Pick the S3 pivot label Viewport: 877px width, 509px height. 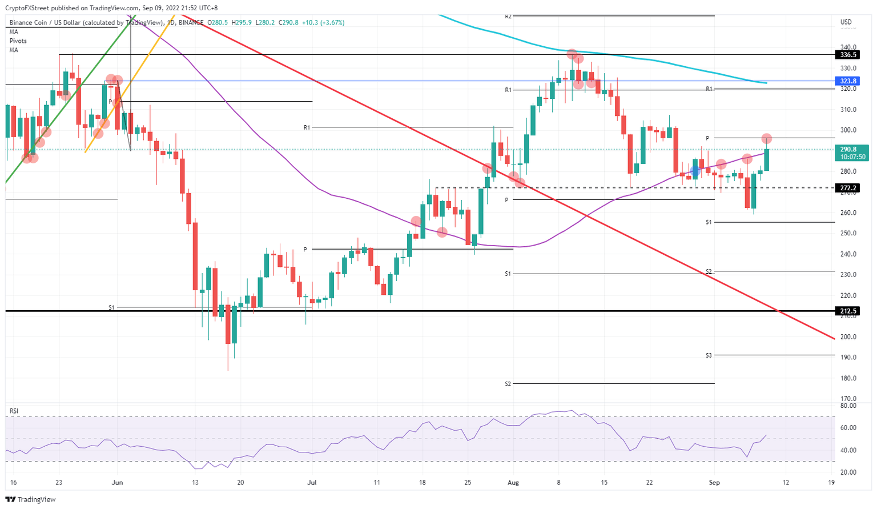(x=709, y=355)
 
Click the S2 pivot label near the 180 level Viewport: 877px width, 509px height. (x=508, y=384)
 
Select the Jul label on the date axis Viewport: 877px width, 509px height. (x=312, y=483)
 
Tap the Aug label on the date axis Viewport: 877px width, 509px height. (x=513, y=483)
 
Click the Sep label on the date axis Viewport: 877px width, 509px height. (x=714, y=483)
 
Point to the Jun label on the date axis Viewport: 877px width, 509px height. (x=116, y=483)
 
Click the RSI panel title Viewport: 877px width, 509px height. (x=14, y=411)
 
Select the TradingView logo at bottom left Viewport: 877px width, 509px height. (x=32, y=500)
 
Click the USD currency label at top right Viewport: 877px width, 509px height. (x=846, y=22)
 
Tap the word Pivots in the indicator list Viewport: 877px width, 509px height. (x=18, y=41)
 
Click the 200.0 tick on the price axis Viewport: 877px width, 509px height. (x=848, y=337)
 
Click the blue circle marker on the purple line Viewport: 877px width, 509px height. (x=695, y=170)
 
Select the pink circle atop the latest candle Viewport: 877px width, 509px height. (x=767, y=139)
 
